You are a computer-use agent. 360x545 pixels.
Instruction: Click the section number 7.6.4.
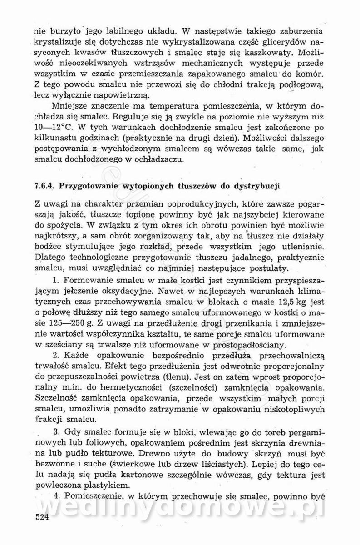[x=44, y=186]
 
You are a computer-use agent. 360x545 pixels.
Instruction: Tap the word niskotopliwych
[x=296, y=409]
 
